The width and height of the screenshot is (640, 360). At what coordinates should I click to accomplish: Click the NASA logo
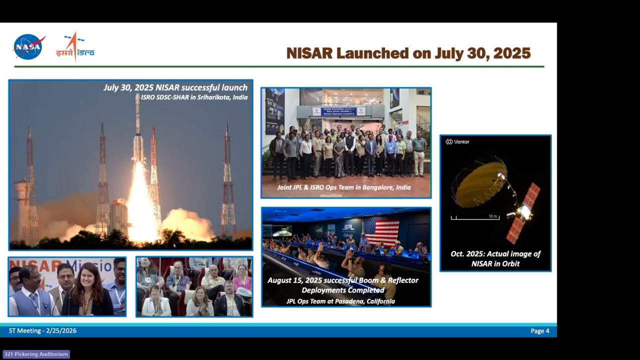click(x=29, y=47)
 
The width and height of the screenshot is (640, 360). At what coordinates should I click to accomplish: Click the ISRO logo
click(x=75, y=47)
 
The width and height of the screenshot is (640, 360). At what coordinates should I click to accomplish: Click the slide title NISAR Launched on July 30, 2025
click(x=408, y=53)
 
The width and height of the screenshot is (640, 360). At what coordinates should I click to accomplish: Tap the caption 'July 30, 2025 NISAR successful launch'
click(x=175, y=88)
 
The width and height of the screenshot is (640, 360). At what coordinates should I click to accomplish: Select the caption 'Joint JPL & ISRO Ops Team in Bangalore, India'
click(x=344, y=187)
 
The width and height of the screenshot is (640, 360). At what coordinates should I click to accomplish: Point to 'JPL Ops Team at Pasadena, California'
click(x=340, y=301)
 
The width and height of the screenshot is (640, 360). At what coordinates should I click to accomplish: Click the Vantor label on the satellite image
click(x=457, y=142)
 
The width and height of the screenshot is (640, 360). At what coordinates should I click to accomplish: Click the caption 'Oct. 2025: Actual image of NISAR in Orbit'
click(x=495, y=258)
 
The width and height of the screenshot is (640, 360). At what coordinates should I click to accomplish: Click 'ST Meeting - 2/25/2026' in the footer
click(x=42, y=331)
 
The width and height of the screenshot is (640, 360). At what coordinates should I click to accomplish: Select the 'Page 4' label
click(x=539, y=331)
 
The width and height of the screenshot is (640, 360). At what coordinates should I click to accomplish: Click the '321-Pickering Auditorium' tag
click(x=36, y=354)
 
